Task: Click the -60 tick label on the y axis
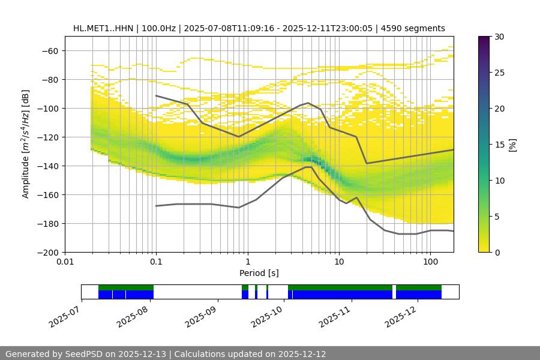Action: [50, 50]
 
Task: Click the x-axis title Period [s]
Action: [259, 274]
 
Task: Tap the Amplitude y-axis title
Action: [26, 144]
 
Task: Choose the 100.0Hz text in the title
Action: [160, 28]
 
